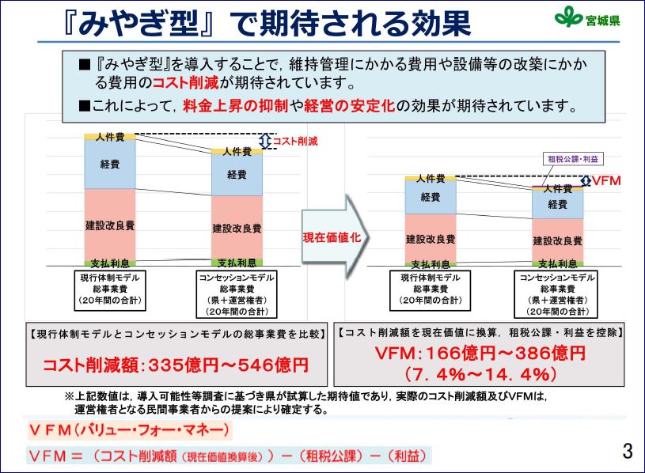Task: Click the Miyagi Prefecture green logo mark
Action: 569,17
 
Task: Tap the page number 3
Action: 628,451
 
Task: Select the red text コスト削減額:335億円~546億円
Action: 176,365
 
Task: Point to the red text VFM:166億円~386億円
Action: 480,353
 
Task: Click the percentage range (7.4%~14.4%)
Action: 480,374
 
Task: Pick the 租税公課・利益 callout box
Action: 573,159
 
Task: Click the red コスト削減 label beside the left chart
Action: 295,142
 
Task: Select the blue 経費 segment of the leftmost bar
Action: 110,165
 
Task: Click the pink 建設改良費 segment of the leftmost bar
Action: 110,225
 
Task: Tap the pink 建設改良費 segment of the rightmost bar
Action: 558,240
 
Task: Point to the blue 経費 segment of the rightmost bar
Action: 558,204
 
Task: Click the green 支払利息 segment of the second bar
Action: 237,263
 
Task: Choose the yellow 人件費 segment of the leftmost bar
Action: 110,137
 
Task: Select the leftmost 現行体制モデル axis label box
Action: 110,289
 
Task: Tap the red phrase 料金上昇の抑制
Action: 236,106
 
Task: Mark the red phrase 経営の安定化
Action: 350,106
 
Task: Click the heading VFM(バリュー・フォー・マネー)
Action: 130,430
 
